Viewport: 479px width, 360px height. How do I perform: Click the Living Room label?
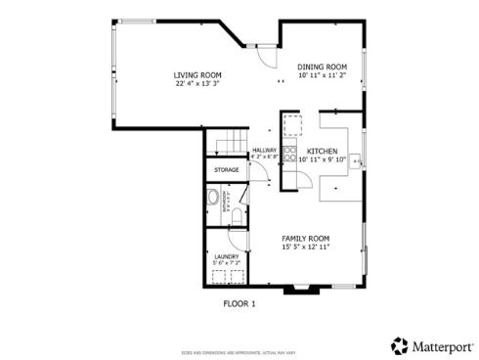[x=196, y=75]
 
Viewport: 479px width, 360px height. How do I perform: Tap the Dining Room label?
[x=323, y=66]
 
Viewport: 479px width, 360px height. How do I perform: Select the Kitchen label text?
[x=323, y=151]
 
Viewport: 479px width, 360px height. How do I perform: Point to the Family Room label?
[x=305, y=239]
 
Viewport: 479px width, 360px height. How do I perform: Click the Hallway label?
[x=264, y=150]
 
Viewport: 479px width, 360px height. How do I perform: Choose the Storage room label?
[x=227, y=170]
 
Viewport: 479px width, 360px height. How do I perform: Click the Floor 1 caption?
[x=239, y=303]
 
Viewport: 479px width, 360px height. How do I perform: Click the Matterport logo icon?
[x=400, y=345]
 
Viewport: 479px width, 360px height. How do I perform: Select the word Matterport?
[x=441, y=345]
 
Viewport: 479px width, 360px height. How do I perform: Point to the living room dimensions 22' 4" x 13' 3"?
[x=196, y=84]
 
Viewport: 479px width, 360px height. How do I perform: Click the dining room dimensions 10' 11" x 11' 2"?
[x=323, y=74]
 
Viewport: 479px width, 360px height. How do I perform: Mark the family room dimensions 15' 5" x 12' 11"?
[x=305, y=247]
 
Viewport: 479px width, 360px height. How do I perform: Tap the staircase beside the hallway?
[x=229, y=145]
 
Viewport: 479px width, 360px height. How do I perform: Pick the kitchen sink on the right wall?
[x=359, y=157]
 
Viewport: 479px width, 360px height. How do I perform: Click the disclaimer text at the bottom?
[x=239, y=351]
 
